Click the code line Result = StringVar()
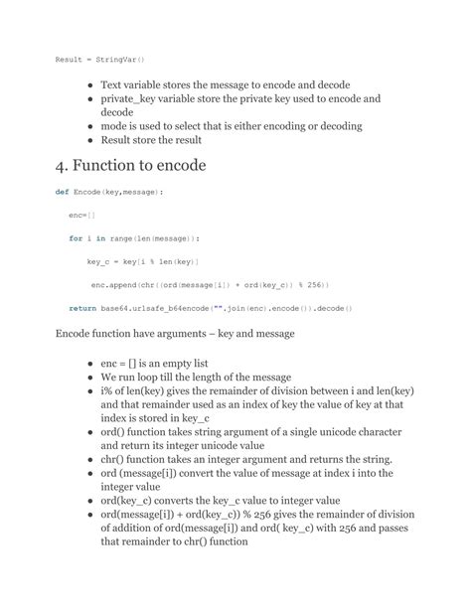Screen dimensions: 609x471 pyautogui.click(x=99, y=61)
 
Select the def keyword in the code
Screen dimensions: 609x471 pyautogui.click(x=62, y=191)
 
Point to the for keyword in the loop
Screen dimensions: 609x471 pyautogui.click(x=76, y=238)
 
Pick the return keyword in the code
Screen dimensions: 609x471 pyautogui.click(x=82, y=308)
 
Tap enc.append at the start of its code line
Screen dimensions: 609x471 pyautogui.click(x=116, y=284)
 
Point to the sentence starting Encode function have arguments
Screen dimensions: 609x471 pyautogui.click(x=174, y=334)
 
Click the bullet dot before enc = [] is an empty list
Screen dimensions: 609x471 pyautogui.click(x=90, y=365)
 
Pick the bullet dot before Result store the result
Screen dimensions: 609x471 pyautogui.click(x=90, y=140)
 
